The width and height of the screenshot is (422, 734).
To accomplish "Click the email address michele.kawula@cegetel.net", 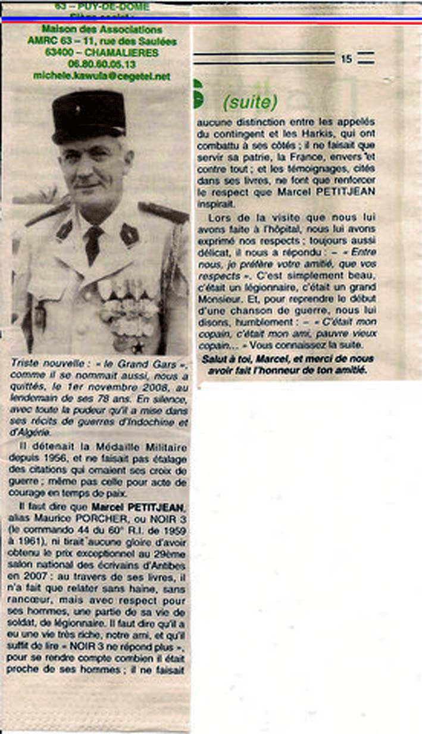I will coord(101,76).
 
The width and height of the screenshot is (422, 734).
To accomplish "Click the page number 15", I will coord(347,59).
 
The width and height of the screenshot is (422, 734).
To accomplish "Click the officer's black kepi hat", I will coord(88,116).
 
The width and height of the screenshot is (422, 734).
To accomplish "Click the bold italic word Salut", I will coord(217,359).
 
